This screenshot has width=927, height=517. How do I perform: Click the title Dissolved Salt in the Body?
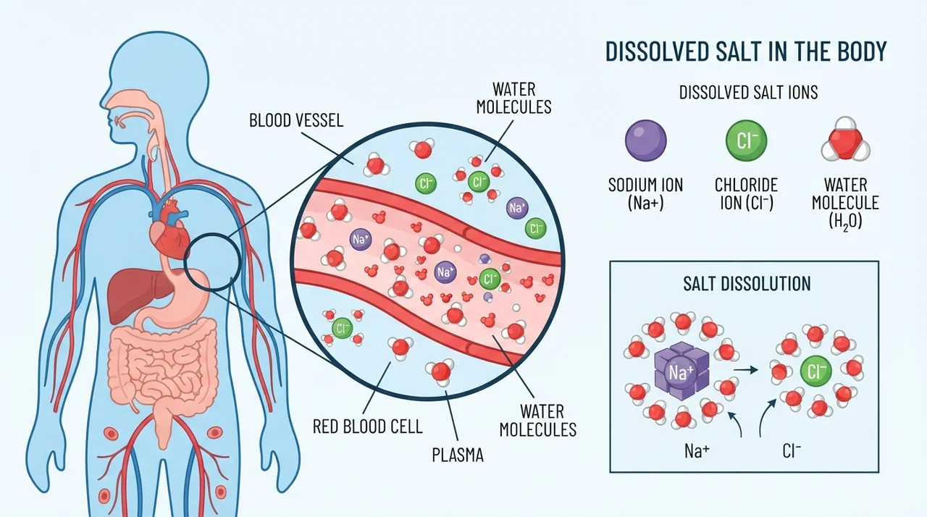746,51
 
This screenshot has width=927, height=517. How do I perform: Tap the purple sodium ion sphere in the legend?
645,140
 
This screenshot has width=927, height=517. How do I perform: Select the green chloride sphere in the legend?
746,140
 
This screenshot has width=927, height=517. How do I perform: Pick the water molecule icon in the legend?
845,139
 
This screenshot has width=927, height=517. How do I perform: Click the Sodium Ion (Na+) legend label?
645,193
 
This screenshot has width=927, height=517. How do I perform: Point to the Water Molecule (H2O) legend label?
845,203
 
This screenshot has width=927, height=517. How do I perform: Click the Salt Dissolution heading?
747,284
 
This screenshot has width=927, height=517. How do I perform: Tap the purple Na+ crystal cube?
681,371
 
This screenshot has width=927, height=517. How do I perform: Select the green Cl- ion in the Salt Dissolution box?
815,371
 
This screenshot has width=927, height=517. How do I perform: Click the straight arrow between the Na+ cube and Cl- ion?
745,370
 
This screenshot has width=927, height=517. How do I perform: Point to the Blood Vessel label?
296,120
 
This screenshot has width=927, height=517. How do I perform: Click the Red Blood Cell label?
367,426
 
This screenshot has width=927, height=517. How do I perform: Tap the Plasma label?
457,455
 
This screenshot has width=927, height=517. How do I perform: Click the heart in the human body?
169,232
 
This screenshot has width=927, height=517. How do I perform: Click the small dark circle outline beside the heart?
184,262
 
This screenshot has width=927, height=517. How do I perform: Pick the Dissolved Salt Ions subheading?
748,92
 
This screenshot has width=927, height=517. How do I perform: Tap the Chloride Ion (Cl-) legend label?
746,193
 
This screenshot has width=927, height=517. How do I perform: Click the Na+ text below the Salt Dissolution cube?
697,451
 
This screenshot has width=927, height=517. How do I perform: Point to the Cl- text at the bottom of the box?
792,451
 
